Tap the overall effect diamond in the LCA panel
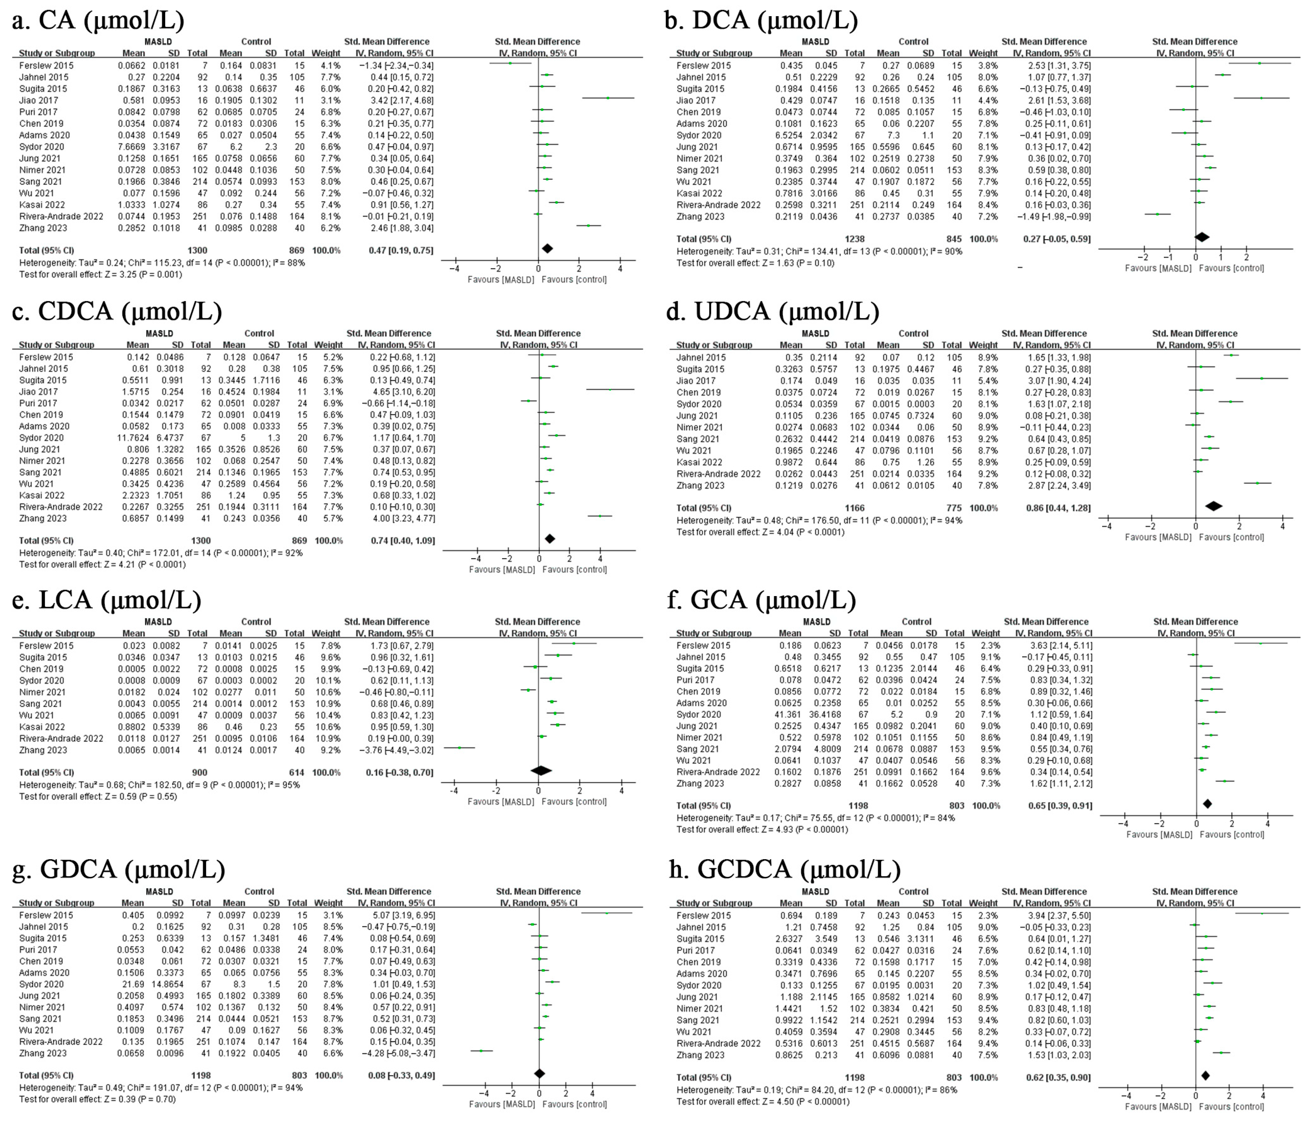click(x=541, y=771)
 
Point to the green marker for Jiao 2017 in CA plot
click(x=608, y=98)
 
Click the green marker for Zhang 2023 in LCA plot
click(x=460, y=747)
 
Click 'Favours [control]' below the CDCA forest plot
click(x=574, y=569)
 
